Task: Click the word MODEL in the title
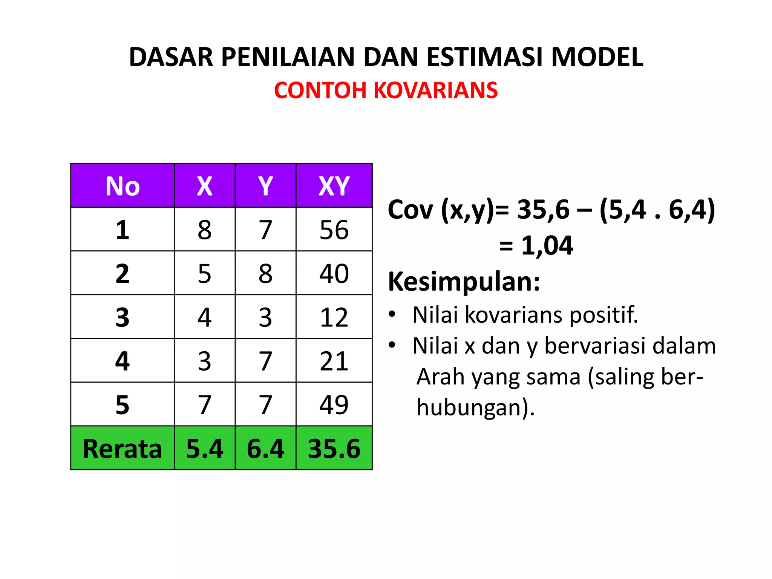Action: [597, 57]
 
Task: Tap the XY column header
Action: [334, 186]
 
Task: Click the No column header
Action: [123, 186]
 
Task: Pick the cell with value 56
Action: [334, 230]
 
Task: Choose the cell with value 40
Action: [334, 273]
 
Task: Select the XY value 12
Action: [334, 317]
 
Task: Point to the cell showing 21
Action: [334, 361]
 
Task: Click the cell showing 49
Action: [334, 404]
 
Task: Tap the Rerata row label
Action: [123, 449]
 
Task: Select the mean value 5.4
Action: [205, 449]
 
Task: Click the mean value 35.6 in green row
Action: [334, 449]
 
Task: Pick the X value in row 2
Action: [205, 273]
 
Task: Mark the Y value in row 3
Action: [265, 317]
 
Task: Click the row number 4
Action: [123, 361]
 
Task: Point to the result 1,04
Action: [547, 246]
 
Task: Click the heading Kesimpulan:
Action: [464, 282]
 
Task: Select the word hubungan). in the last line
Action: [476, 408]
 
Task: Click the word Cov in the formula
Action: [411, 210]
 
